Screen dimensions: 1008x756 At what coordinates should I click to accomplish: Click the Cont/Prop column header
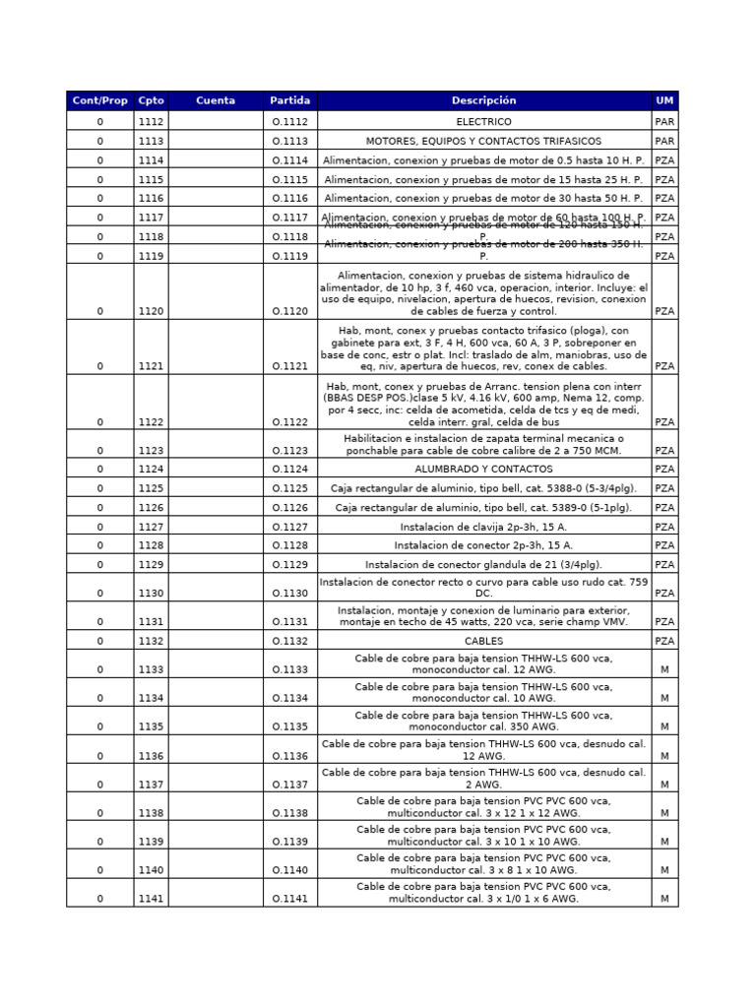coord(99,100)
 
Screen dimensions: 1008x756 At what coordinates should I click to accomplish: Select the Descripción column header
coord(483,100)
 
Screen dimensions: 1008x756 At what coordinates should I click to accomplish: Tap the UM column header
coord(664,100)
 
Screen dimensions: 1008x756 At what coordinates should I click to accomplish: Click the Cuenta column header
coord(216,100)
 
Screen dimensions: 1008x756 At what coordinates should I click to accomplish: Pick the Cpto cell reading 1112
coord(152,122)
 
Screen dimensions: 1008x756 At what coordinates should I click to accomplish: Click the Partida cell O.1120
coord(290,311)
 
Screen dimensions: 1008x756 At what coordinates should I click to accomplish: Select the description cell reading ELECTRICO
coord(483,122)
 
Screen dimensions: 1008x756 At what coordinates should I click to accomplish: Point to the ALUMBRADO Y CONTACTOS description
coord(483,470)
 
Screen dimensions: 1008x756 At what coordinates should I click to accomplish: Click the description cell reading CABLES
coord(483,641)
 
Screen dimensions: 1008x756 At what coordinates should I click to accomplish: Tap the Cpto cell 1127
coord(152,527)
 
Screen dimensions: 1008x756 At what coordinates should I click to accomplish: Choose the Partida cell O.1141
coord(290,899)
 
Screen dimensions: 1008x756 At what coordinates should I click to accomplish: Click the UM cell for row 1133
coord(664,669)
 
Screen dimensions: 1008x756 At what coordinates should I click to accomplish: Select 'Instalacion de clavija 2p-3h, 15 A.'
coord(483,527)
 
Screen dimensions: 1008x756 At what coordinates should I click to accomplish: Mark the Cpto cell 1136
coord(152,756)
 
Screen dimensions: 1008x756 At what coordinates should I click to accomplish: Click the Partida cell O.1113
coord(290,141)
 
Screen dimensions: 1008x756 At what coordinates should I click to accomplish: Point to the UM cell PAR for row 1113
coord(664,141)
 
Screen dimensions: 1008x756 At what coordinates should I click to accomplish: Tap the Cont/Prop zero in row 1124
coord(99,470)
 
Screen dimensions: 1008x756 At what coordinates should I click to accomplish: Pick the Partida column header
coord(290,100)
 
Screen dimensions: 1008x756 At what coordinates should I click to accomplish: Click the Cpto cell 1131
coord(152,622)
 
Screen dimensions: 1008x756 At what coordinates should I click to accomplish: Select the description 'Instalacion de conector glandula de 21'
coord(483,565)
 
